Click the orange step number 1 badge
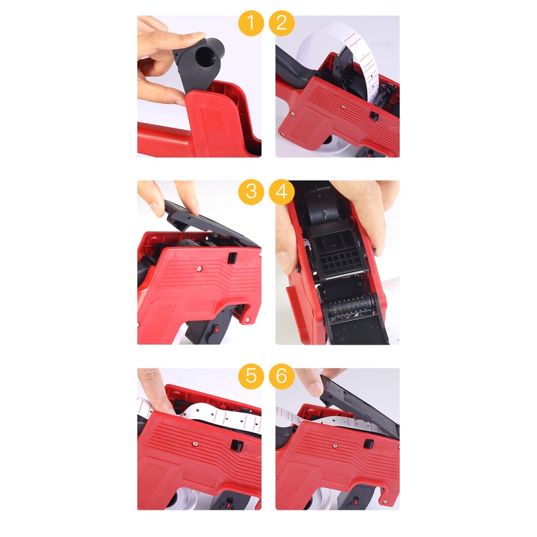pos(251,23)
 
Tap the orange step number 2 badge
pos(281,23)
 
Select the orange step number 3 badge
pos(251,192)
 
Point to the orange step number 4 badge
pos(281,192)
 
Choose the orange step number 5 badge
pos(251,377)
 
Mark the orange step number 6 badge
pos(281,377)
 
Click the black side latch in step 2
pos(374,116)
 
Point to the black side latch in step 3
pos(232,258)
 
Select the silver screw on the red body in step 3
pos(199,268)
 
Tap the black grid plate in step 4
pos(339,254)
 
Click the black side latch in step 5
pos(237,446)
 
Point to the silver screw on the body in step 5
pos(195,444)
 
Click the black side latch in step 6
pos(368,444)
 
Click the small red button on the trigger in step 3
pos(216,330)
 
